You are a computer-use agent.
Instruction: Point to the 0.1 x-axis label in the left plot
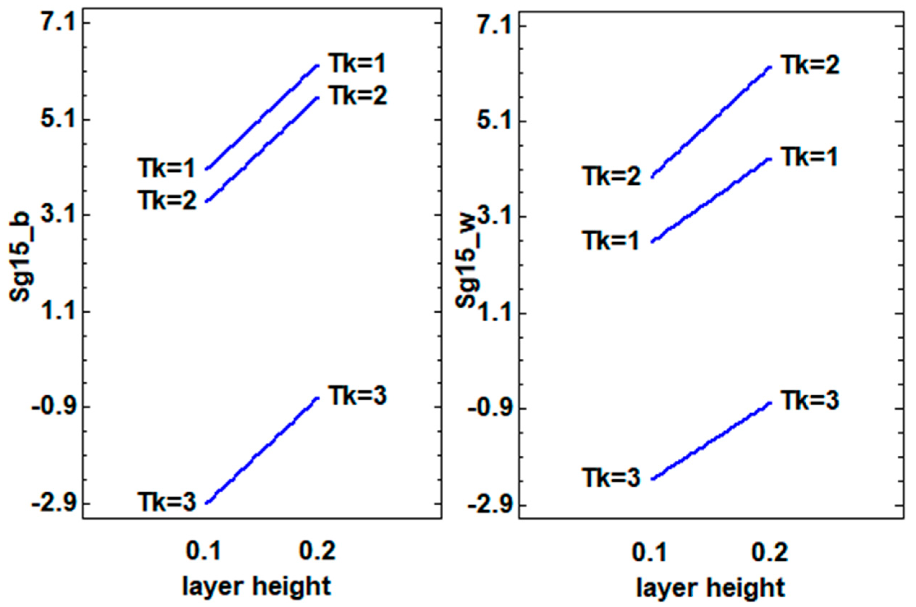pyautogui.click(x=203, y=551)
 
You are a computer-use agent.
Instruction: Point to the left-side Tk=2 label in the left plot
pyautogui.click(x=168, y=201)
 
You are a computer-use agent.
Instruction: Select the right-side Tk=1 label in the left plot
pyautogui.click(x=357, y=64)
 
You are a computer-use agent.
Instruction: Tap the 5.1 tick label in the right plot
pyautogui.click(x=489, y=121)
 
